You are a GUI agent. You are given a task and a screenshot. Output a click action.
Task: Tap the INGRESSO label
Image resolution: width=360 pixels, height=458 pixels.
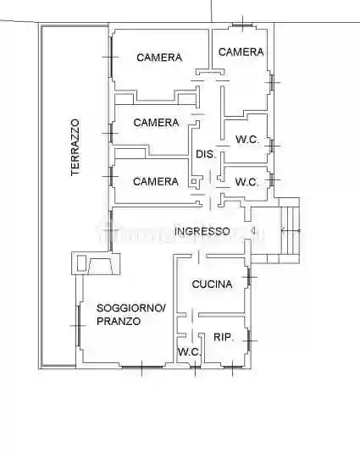tap(202, 231)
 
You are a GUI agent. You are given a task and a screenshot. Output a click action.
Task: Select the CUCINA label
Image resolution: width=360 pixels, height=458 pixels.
tap(212, 284)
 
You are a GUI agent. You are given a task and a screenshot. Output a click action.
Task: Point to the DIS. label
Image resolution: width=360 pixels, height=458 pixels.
tap(205, 154)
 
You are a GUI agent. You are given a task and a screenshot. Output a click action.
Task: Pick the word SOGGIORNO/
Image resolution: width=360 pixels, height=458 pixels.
tap(131, 307)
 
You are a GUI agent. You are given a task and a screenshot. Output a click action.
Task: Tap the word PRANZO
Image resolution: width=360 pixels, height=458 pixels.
tap(119, 322)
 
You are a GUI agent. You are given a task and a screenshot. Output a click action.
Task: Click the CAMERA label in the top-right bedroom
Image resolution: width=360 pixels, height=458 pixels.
tap(241, 52)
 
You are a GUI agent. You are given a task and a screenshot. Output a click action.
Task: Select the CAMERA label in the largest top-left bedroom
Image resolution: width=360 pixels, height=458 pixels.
tap(159, 58)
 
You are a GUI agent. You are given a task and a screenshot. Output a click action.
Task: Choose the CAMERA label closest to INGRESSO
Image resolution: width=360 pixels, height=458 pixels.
tap(156, 181)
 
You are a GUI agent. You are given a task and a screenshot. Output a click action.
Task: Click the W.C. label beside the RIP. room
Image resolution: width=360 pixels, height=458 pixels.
tap(188, 352)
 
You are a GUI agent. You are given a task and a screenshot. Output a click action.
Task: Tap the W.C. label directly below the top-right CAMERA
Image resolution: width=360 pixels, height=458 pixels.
tap(246, 140)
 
